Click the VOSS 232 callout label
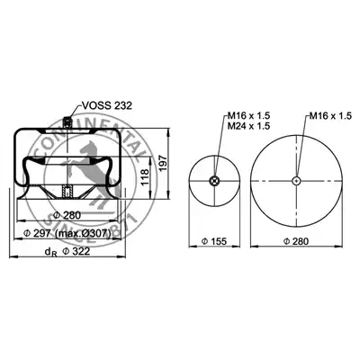click(x=107, y=105)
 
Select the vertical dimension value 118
click(x=145, y=177)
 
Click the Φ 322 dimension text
click(x=76, y=251)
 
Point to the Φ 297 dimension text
click(x=39, y=233)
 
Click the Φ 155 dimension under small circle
click(x=214, y=241)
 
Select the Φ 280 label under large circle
click(x=296, y=241)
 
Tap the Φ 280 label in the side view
click(x=67, y=215)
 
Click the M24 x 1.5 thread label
click(x=248, y=126)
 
